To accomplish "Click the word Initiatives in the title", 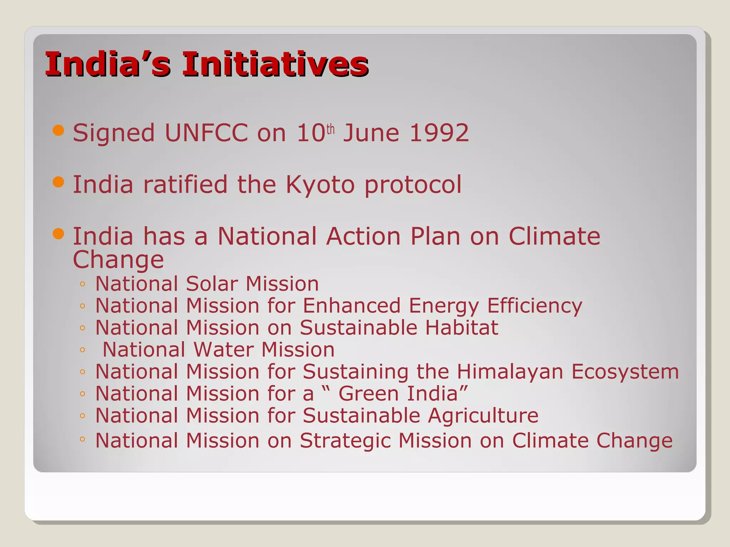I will (275, 64).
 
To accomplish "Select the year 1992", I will (439, 133).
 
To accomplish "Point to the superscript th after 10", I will (330, 129).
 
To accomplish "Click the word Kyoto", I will (320, 185).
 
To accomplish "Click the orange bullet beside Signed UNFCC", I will (58, 130).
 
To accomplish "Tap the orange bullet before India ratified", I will (58, 182).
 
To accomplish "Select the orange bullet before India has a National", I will (58, 234).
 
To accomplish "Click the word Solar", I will (212, 284).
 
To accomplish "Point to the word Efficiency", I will (534, 306).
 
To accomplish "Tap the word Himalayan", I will (510, 372).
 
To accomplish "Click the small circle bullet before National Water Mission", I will (82, 350).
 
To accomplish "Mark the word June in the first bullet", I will (371, 133).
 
